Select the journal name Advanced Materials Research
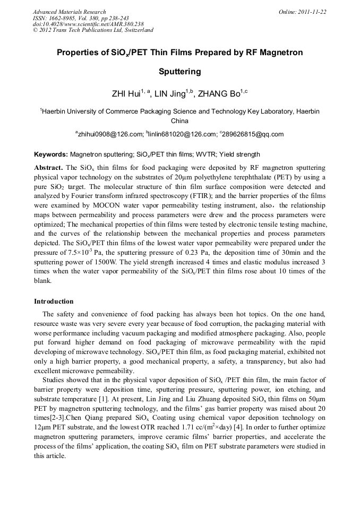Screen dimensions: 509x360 tap(69, 12)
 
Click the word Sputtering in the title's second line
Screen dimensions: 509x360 tap(180, 71)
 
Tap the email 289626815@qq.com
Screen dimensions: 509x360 tap(253, 134)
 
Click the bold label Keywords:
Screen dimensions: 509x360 tap(51, 154)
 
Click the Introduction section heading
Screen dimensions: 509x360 tap(54, 301)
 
